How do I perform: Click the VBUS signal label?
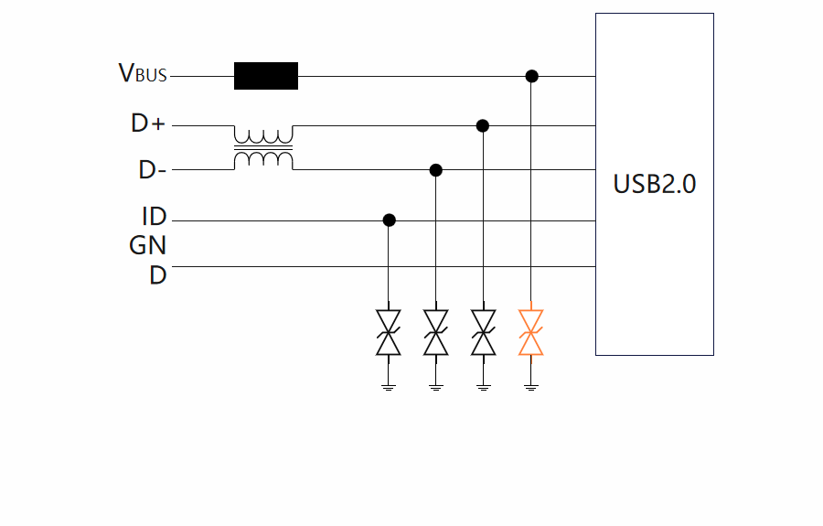pyautogui.click(x=144, y=74)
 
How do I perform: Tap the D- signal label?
pyautogui.click(x=152, y=170)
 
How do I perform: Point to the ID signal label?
pyautogui.click(x=154, y=218)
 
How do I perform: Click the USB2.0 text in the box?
pyautogui.click(x=654, y=184)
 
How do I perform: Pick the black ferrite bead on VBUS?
pyautogui.click(x=266, y=76)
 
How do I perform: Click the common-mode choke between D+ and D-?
pyautogui.click(x=263, y=147)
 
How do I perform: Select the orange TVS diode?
pyautogui.click(x=530, y=332)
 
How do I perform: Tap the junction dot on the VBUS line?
pyautogui.click(x=531, y=76)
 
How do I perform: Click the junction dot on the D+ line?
pyautogui.click(x=483, y=124)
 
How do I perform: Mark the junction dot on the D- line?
pyautogui.click(x=436, y=170)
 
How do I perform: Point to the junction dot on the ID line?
pyautogui.click(x=389, y=220)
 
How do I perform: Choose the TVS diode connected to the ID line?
pyautogui.click(x=389, y=332)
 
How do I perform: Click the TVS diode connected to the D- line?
pyautogui.click(x=436, y=332)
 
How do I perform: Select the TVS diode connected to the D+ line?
pyautogui.click(x=483, y=332)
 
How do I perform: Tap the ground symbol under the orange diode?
pyautogui.click(x=530, y=387)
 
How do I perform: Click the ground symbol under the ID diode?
pyautogui.click(x=389, y=387)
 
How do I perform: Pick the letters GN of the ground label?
pyautogui.click(x=147, y=245)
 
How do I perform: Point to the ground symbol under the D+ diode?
pyautogui.click(x=483, y=387)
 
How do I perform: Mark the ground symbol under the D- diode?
pyautogui.click(x=436, y=387)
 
